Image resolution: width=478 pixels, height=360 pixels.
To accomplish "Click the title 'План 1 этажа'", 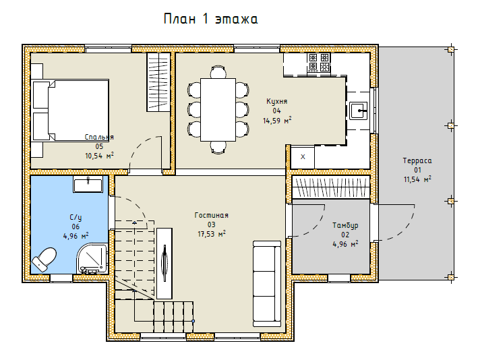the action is pos(210,19).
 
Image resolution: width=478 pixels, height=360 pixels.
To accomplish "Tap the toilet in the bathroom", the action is pos(44,260).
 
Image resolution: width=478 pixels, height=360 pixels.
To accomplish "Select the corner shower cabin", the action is pos(92,258).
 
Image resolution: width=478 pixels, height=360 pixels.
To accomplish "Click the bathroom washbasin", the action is pos(88,184).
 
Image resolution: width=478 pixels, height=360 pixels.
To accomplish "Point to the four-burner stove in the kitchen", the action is pos(319,63).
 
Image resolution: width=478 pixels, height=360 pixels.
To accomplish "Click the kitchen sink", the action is pos(359,111).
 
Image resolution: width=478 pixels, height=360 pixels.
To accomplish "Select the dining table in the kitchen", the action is pos(218,110).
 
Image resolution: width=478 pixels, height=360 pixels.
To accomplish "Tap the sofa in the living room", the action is pos(267,284).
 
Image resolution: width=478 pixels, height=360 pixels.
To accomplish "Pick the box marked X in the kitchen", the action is pos(303,157).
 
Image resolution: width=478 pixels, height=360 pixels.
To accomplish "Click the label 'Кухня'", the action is pos(277,101).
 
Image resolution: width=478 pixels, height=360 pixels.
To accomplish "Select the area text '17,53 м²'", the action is pos(212,234).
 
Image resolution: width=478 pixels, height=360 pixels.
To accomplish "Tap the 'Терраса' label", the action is pos(417,160).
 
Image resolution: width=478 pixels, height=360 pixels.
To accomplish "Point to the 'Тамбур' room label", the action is pos(345,226).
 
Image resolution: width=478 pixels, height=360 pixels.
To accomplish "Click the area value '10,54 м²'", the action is pos(99,156).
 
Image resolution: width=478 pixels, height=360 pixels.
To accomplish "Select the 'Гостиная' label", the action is pos(211,215).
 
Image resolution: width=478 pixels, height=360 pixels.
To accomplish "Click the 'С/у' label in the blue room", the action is pos(76,217).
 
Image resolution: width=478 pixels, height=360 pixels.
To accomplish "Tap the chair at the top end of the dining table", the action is pos(218,71).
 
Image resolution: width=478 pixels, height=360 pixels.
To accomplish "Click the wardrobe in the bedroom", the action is pos(158,82).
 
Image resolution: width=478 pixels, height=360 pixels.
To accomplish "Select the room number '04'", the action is pos(276,111).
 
